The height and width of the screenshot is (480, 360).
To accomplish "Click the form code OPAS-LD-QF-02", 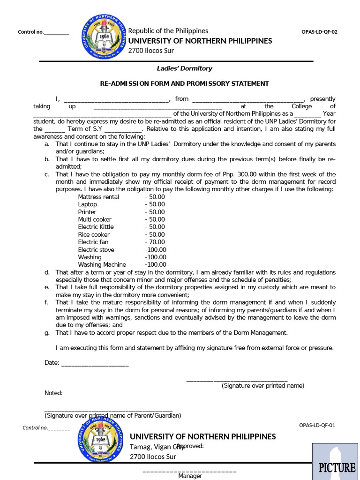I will pyautogui.click(x=319, y=32).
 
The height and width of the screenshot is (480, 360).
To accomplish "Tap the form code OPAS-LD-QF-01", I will pyautogui.click(x=317, y=426).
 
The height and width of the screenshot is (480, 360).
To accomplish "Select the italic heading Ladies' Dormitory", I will pyautogui.click(x=184, y=68).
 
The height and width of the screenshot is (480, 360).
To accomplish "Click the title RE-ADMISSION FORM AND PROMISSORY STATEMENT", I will pyautogui.click(x=184, y=83).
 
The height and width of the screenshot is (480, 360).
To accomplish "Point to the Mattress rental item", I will pyautogui.click(x=98, y=197).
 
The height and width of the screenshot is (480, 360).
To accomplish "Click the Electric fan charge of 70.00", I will pyautogui.click(x=155, y=242).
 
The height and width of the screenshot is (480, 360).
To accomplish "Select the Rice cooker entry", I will pyautogui.click(x=94, y=234).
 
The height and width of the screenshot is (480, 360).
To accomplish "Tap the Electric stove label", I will pyautogui.click(x=96, y=249).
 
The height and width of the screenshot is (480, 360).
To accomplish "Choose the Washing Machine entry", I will pyautogui.click(x=102, y=264).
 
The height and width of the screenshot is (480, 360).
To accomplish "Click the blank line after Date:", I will pyautogui.click(x=95, y=363).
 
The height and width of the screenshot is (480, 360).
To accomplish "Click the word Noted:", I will pyautogui.click(x=53, y=393).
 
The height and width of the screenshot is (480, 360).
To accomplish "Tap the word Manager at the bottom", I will pyautogui.click(x=190, y=476).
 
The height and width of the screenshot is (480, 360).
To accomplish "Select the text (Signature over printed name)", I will pyautogui.click(x=263, y=386).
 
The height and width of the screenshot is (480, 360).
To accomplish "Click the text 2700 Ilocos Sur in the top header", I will pyautogui.click(x=151, y=51).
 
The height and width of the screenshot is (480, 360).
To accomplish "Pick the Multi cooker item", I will pyautogui.click(x=95, y=219).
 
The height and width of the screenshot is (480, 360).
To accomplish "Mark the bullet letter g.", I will pyautogui.click(x=47, y=333).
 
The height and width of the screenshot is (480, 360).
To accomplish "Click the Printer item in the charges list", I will pyautogui.click(x=87, y=212).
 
